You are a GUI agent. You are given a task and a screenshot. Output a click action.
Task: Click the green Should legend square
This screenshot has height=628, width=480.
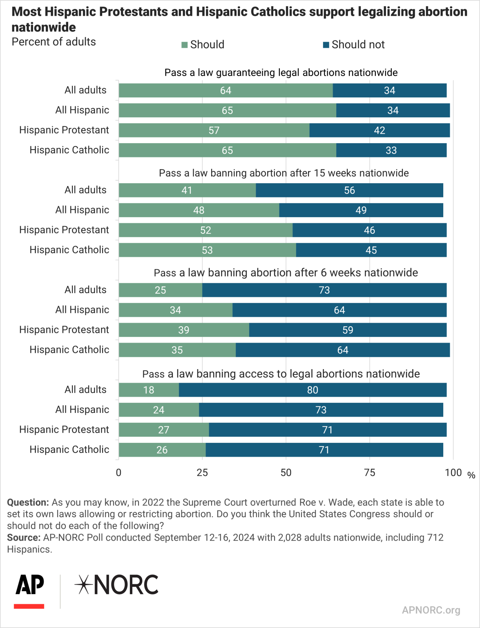coord(185,45)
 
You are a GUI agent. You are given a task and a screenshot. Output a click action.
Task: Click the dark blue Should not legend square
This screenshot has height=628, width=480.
coord(326,45)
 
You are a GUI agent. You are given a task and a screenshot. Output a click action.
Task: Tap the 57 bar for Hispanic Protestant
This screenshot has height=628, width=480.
coord(214,130)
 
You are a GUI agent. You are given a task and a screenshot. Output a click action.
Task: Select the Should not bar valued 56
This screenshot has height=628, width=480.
coord(349,190)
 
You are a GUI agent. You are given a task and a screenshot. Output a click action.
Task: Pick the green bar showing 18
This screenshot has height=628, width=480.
coord(149,390)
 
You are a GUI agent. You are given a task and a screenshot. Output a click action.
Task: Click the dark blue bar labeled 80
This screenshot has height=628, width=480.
coord(313,390)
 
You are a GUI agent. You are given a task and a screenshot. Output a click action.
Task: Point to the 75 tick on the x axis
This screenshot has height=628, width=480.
coord(369,473)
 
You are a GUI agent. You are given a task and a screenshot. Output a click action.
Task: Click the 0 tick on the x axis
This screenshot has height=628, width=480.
coord(118,473)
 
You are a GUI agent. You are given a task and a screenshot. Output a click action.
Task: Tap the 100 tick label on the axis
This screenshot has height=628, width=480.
coord(453,473)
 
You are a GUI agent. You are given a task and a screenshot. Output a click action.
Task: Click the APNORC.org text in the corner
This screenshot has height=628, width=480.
coord(431,610)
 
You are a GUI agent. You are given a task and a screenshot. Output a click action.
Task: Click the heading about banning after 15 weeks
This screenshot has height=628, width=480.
coord(284,173)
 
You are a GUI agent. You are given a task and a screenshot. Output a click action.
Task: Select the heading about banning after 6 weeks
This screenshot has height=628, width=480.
coord(286,273)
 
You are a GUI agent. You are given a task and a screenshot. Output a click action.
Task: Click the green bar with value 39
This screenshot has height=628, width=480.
coord(184,330)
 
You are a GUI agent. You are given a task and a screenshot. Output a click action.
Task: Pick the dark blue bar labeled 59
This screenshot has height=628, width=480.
coord(348,330)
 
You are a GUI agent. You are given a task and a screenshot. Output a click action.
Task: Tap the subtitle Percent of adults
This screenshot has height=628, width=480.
coord(54,42)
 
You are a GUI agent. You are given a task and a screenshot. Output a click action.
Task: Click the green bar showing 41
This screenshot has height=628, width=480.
coord(187,190)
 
